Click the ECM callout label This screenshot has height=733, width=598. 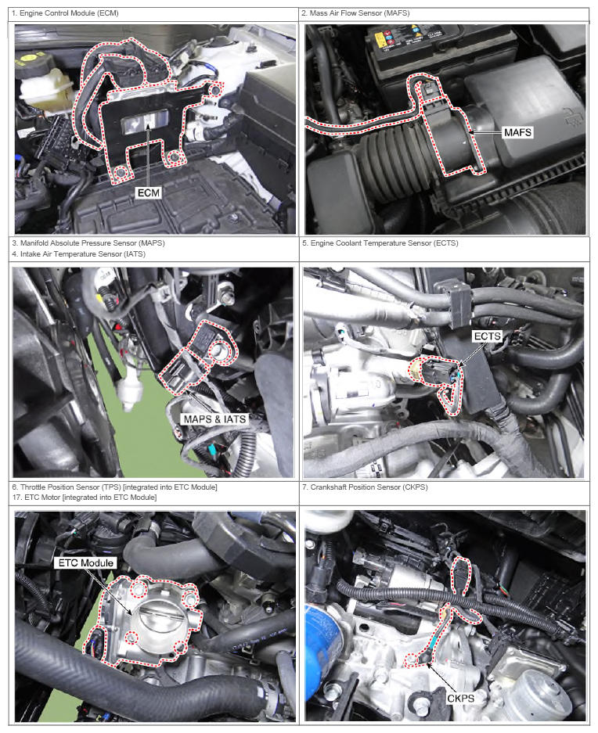coord(149,192)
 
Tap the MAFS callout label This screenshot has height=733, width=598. coord(517,132)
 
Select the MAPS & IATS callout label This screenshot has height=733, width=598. coord(214,419)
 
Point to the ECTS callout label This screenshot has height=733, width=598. coord(487,336)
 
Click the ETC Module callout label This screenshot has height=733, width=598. coord(85,562)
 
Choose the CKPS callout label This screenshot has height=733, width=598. coord(460,699)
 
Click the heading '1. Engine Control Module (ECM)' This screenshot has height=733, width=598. coord(65,13)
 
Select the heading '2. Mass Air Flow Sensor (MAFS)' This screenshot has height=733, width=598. coord(355,13)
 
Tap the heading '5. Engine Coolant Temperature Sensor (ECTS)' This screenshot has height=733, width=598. coord(380,243)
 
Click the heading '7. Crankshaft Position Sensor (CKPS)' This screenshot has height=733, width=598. coord(365,487)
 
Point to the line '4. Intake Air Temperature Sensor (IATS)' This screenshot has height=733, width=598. coord(78,254)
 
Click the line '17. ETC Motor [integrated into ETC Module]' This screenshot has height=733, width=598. coord(85,498)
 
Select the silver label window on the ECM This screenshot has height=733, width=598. coord(144,123)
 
